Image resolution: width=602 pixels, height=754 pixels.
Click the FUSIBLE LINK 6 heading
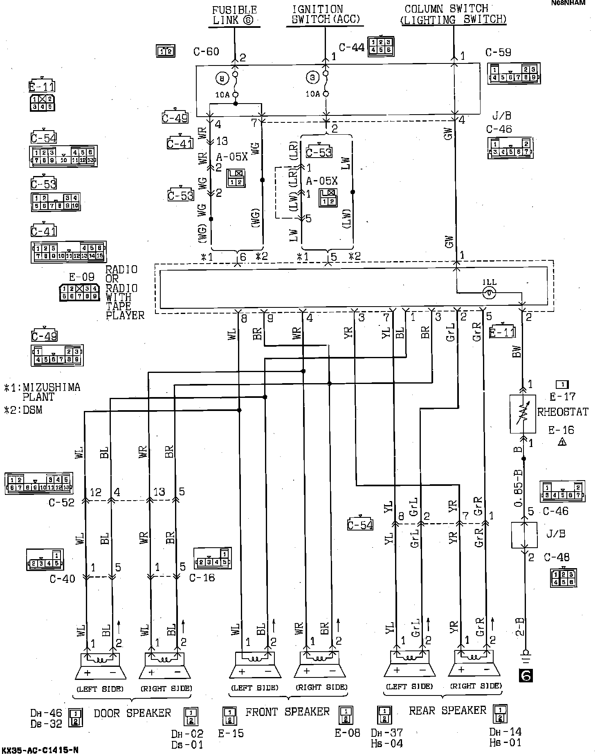[x=235, y=15]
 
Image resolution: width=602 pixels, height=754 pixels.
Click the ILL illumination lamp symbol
[x=489, y=292]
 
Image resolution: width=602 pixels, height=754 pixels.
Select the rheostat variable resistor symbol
[x=523, y=414]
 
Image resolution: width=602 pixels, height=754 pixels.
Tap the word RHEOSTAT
[x=563, y=412]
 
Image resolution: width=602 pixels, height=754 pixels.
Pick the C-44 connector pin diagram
[x=381, y=47]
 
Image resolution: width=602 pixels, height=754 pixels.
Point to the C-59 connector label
[x=498, y=53]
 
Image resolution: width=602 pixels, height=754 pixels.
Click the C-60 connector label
[x=206, y=52]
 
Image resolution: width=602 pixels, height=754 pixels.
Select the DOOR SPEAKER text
[x=132, y=713]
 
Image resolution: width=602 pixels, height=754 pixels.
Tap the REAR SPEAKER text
[x=447, y=711]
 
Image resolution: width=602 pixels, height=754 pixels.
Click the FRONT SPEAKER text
[x=287, y=712]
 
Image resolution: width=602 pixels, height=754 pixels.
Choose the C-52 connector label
[x=61, y=502]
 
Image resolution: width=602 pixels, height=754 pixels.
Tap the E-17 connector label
[x=562, y=396]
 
